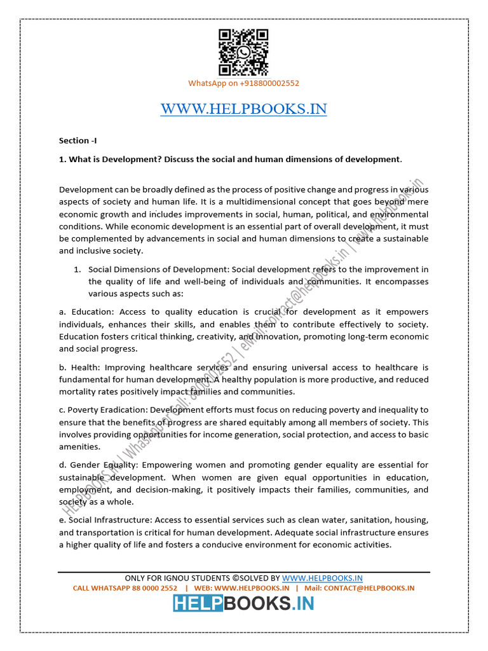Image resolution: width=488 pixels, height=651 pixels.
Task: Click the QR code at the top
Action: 243,53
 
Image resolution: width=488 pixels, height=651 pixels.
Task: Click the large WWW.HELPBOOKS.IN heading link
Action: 243,109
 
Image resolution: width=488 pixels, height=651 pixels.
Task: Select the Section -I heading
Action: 78,140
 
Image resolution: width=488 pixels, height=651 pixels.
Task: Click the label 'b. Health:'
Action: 79,367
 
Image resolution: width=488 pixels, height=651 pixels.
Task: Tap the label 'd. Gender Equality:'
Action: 98,465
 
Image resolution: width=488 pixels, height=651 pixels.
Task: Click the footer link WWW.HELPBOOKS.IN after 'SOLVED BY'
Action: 322,578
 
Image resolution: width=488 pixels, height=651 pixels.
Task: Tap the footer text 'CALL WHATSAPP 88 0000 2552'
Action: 125,588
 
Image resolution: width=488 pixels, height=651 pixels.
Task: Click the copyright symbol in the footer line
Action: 235,578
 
